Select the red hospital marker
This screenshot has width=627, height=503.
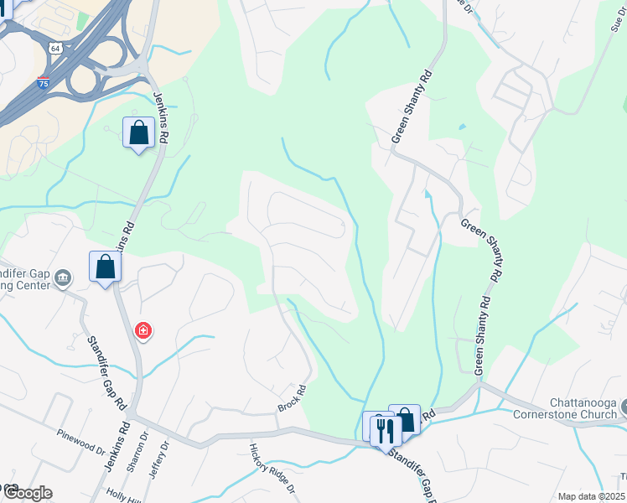pyautogui.click(x=143, y=330)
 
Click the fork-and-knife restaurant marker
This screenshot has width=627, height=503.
pyautogui.click(x=386, y=431)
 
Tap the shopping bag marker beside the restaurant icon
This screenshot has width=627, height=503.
pyautogui.click(x=406, y=418)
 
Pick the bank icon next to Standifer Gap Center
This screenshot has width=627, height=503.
pyautogui.click(x=62, y=278)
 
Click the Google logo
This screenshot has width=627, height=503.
pyautogui.click(x=27, y=492)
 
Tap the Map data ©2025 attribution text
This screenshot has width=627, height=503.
pyautogui.click(x=592, y=496)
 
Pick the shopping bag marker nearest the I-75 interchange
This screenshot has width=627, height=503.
pyautogui.click(x=137, y=132)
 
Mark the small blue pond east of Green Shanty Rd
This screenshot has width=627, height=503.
pyautogui.click(x=461, y=127)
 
